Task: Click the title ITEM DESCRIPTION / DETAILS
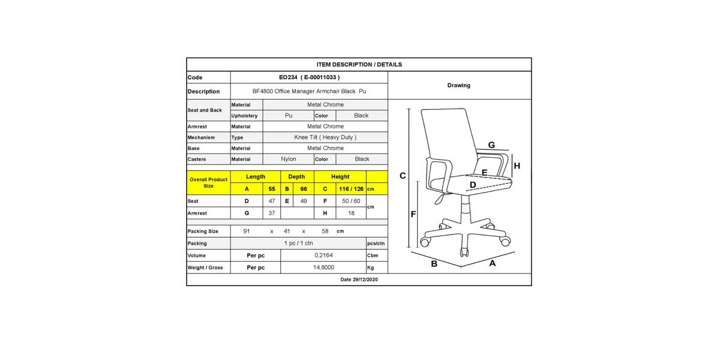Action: (x=359, y=65)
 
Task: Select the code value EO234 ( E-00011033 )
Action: (x=309, y=77)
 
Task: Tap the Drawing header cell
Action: (x=458, y=85)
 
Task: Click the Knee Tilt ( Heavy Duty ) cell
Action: (x=325, y=137)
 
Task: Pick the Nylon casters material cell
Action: (x=289, y=159)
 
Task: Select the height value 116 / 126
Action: (x=351, y=189)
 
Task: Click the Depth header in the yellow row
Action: (x=296, y=177)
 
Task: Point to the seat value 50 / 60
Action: (x=351, y=201)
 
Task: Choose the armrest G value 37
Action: (x=272, y=213)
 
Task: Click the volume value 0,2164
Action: (x=323, y=256)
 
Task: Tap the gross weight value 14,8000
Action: (x=323, y=268)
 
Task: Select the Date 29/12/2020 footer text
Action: (x=359, y=280)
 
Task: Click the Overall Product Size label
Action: (x=208, y=182)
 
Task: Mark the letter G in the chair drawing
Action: (x=491, y=145)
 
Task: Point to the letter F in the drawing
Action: (x=413, y=214)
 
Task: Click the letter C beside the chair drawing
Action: (x=403, y=176)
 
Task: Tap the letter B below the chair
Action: (x=434, y=264)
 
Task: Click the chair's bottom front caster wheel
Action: (x=463, y=252)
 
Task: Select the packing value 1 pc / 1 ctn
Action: (x=298, y=244)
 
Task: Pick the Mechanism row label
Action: (x=201, y=137)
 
